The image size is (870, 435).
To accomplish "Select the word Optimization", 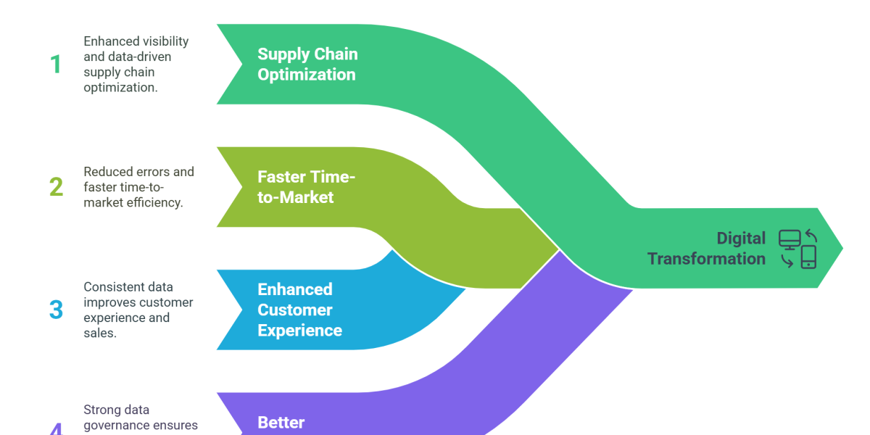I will pos(307,75).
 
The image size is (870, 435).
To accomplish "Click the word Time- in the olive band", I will pos(335,177).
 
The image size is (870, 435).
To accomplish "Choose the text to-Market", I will pos(296,197).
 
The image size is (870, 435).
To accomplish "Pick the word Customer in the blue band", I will pos(295,310).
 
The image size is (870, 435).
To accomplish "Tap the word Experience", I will pos(300,330).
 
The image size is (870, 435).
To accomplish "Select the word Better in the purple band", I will pos(281,422).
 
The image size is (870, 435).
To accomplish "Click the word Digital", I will pos(741,238).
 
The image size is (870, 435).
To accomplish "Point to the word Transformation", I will pos(706,258).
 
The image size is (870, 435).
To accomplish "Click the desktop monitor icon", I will pos(789,239).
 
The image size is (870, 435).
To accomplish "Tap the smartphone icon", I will pos(808,257).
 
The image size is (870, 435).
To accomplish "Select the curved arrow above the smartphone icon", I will pos(811,236).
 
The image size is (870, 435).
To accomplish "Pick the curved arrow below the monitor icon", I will pos(787,260).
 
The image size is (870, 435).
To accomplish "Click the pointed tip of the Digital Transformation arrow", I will pos(842,248).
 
